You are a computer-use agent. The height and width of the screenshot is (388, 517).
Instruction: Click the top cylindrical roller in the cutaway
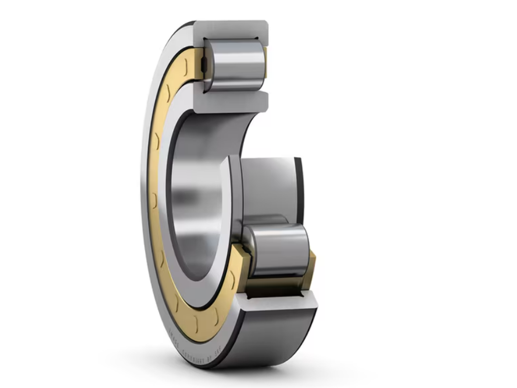[235, 65]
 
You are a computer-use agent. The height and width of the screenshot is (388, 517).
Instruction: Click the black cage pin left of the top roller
[204, 65]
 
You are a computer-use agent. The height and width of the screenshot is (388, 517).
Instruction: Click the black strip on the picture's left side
[43, 194]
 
